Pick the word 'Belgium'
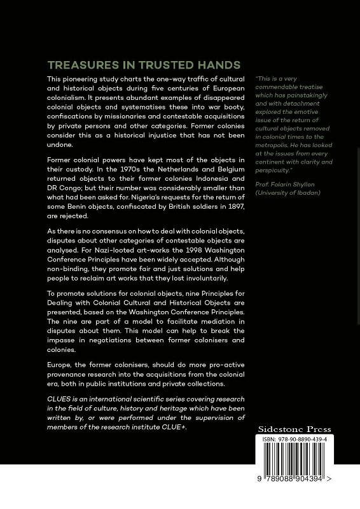coord(208,169)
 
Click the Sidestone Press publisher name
coord(294,429)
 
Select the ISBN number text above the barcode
coord(294,440)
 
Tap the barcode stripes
coord(294,468)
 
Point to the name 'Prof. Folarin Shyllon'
coord(284,184)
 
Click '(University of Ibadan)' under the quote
coord(284,193)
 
